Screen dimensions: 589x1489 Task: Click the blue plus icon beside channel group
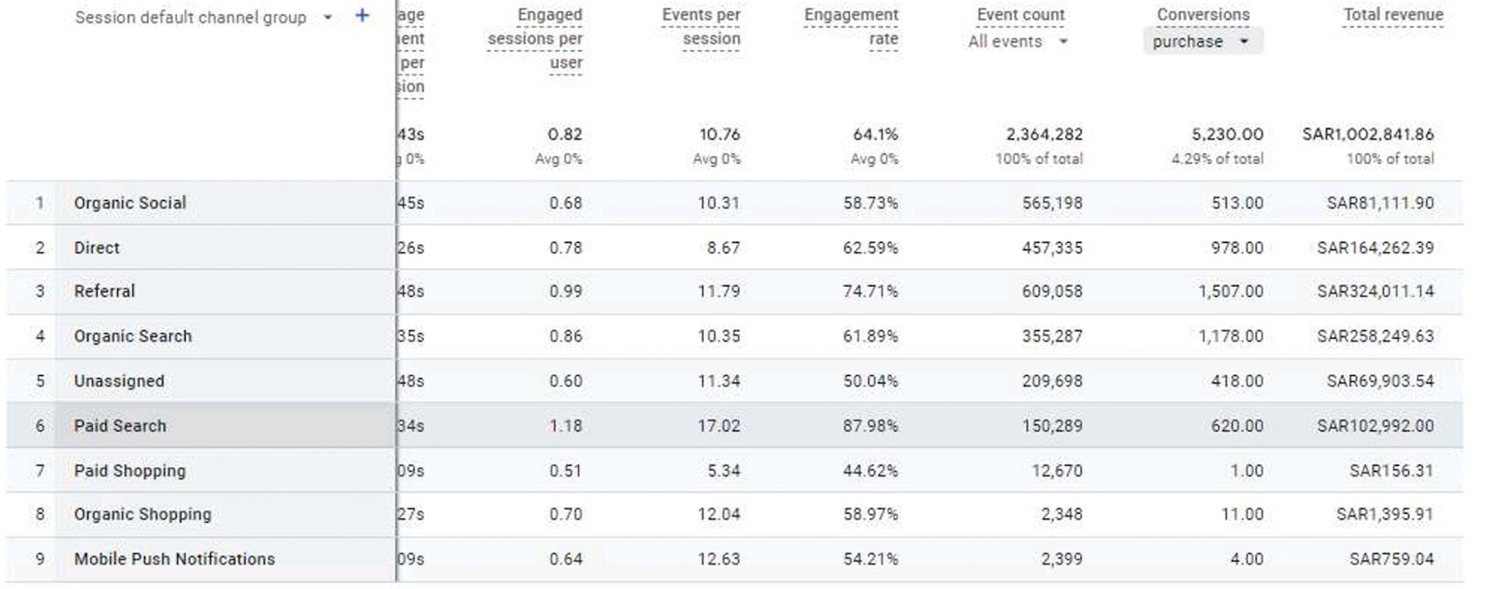(x=362, y=16)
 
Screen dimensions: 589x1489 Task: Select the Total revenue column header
(x=1392, y=15)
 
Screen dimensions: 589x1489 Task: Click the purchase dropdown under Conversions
(x=1201, y=42)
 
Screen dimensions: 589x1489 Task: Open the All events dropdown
(x=1017, y=42)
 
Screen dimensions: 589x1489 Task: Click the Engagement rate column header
(x=851, y=27)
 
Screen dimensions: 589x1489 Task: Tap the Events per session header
(x=701, y=27)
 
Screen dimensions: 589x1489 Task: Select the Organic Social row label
(x=130, y=203)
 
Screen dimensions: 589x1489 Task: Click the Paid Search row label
(x=120, y=426)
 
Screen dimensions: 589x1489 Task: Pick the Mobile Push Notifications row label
(x=175, y=559)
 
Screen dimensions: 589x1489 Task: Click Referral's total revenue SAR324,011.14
(x=1375, y=291)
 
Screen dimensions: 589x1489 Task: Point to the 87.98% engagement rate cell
(x=870, y=426)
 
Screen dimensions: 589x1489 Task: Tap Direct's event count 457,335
(x=1052, y=248)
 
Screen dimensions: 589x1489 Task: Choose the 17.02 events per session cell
(x=718, y=426)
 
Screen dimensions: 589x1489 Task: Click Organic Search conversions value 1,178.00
(x=1230, y=336)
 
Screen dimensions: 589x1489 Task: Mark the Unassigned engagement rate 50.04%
(x=870, y=382)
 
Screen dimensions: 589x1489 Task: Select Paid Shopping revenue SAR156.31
(x=1391, y=471)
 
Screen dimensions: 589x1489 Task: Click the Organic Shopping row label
(x=142, y=515)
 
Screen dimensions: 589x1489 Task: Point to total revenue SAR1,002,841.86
(x=1367, y=135)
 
